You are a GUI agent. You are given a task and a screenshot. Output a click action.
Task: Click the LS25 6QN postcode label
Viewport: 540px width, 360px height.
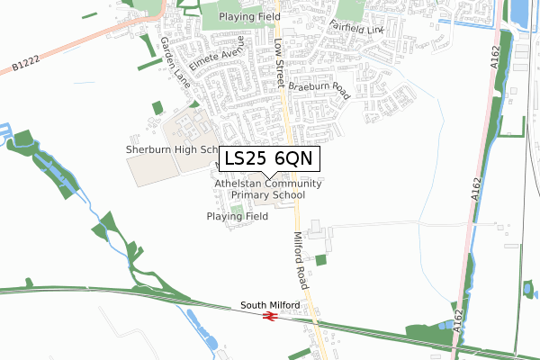(x=267, y=157)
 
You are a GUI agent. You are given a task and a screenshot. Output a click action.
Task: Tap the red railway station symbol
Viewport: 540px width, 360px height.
(x=267, y=316)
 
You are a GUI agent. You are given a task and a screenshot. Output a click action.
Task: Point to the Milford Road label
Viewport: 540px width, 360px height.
(x=305, y=261)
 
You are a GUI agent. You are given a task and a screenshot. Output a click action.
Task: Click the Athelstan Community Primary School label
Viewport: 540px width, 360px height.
(x=267, y=189)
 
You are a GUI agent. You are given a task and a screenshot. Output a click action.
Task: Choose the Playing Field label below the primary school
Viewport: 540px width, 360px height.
(x=237, y=217)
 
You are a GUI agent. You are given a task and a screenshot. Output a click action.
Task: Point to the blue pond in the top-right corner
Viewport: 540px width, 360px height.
(x=519, y=13)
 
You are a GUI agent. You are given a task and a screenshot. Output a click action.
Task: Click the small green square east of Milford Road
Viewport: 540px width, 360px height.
(x=321, y=260)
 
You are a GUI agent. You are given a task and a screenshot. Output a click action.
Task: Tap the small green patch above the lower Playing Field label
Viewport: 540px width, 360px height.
(x=237, y=209)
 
